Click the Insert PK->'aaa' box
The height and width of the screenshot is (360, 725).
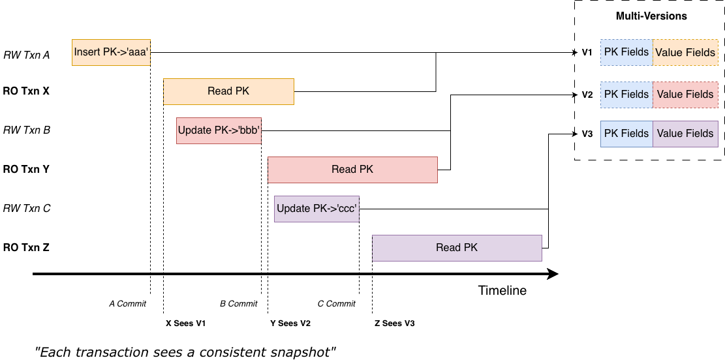coord(111,52)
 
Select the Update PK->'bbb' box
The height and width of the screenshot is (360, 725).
coord(219,130)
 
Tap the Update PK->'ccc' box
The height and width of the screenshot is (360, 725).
coord(316,209)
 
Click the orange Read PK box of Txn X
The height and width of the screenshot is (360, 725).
coord(228,91)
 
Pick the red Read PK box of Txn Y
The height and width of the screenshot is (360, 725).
coord(352,170)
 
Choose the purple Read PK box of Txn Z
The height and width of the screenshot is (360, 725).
coord(457,248)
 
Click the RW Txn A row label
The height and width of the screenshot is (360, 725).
coord(27,55)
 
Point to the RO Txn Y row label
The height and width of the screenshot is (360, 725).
coord(26,170)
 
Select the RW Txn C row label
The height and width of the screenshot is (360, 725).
coord(27,209)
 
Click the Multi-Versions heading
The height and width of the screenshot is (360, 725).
coord(651,16)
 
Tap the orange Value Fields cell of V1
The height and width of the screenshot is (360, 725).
coord(685,52)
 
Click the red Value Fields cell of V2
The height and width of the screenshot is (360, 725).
coord(685,95)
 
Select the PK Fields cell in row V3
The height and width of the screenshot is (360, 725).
coord(626,134)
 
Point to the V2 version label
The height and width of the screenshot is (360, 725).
coord(587,95)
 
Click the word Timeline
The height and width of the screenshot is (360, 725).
coord(502,291)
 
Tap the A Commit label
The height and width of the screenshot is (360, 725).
coord(127,304)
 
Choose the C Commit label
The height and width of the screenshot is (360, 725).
coord(336,304)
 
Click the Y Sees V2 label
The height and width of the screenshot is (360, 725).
coord(290,323)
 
